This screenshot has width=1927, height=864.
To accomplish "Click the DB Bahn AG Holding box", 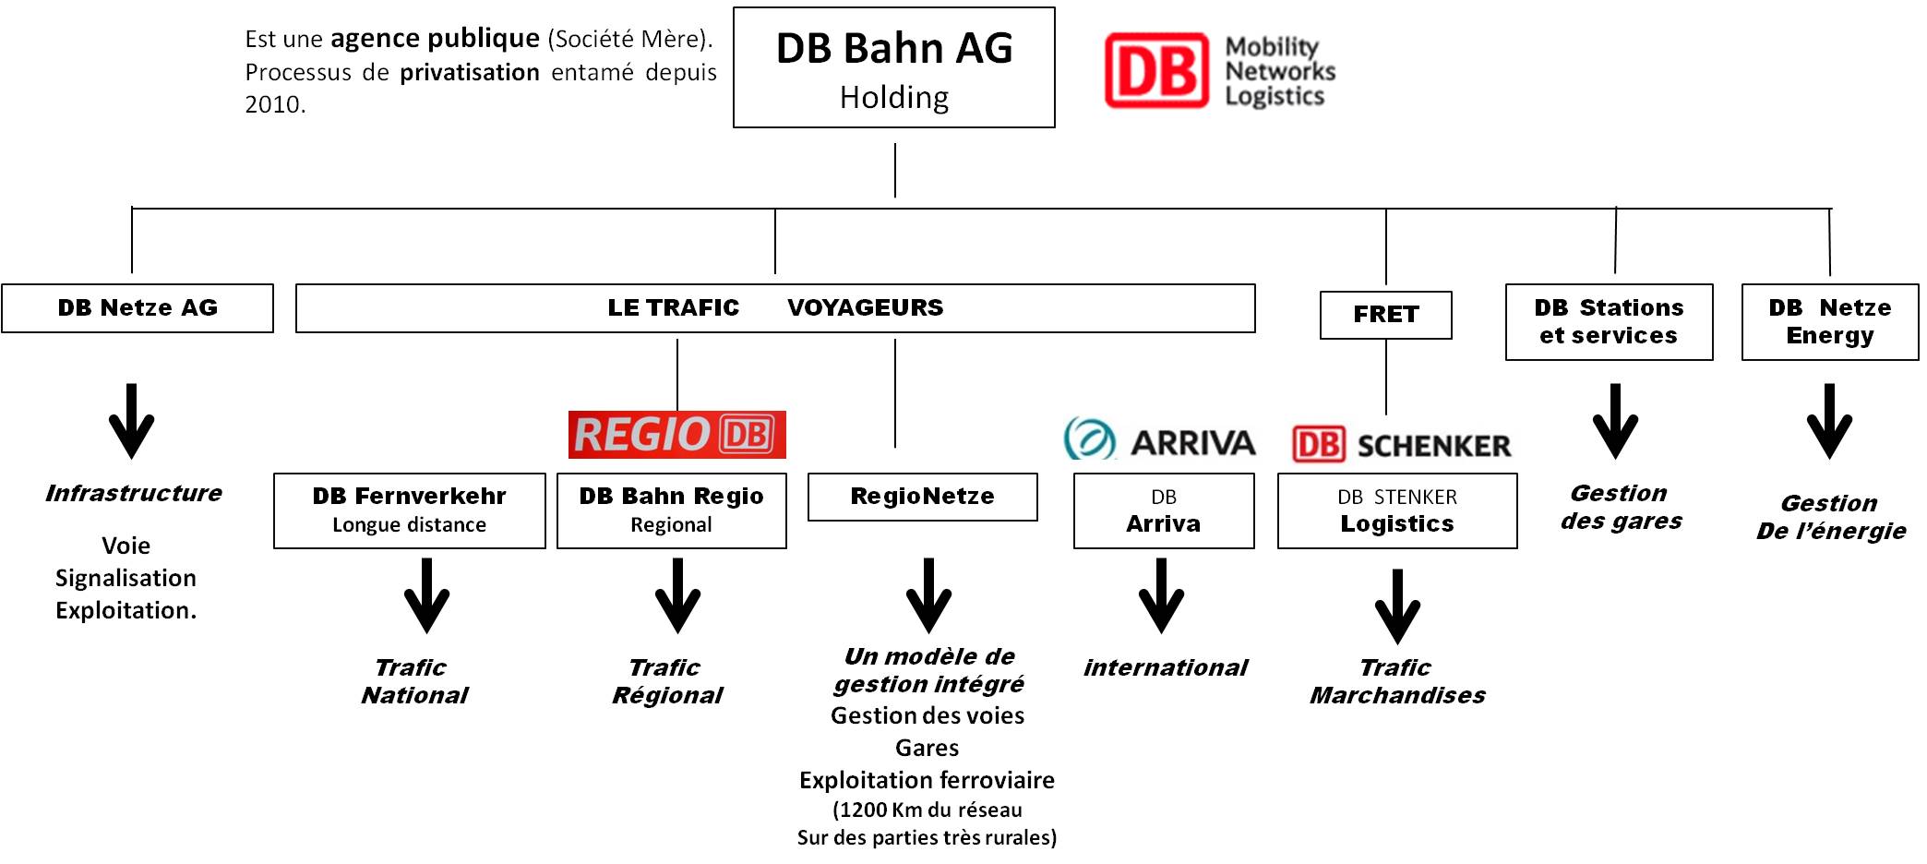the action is click(x=893, y=67).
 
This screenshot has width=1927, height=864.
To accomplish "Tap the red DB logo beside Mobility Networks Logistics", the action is click(x=1156, y=71).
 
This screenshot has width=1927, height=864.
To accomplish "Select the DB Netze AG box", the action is click(x=138, y=308).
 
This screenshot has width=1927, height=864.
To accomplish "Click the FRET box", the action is click(x=1385, y=315).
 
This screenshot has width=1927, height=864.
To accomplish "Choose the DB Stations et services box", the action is click(x=1609, y=321).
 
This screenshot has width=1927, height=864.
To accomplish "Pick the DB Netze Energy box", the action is click(x=1829, y=321).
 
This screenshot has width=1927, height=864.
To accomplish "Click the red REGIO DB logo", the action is click(x=676, y=435).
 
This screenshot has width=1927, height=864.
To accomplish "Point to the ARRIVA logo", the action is click(x=1159, y=439).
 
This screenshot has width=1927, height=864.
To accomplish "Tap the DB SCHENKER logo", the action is click(x=1401, y=445).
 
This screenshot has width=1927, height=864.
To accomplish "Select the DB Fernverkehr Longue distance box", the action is click(x=410, y=510).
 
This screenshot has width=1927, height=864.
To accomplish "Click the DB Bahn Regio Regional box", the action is click(x=672, y=510).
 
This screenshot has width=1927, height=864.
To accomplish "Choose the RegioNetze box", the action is click(x=923, y=497).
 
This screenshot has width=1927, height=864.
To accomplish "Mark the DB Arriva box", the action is click(x=1164, y=510).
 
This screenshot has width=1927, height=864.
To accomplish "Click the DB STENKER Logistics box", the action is click(x=1397, y=510).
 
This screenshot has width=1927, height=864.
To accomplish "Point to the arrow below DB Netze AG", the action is click(x=132, y=421).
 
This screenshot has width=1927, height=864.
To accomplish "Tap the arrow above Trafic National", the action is click(x=426, y=595).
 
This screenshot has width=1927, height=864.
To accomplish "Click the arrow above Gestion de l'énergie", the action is click(x=1829, y=421).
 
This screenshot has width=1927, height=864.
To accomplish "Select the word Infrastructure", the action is click(x=134, y=493).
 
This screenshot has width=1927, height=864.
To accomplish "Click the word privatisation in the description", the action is click(x=470, y=73).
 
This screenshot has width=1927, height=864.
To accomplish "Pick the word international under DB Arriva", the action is click(x=1166, y=667).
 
